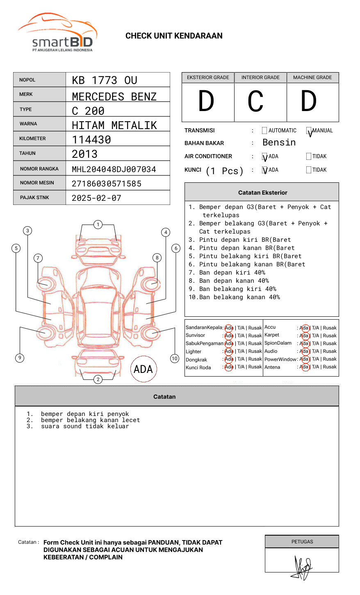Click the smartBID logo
click(x=57, y=33)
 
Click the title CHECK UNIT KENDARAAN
click(x=174, y=36)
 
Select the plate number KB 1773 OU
click(x=105, y=80)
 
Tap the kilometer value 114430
click(x=91, y=140)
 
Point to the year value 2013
click(x=84, y=154)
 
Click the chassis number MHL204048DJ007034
click(x=114, y=169)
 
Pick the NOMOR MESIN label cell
click(x=39, y=183)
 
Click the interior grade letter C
click(x=255, y=101)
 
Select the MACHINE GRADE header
click(x=312, y=77)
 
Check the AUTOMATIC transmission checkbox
click(x=264, y=131)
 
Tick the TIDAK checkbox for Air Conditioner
click(x=309, y=157)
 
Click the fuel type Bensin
click(x=279, y=143)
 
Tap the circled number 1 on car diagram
click(x=98, y=225)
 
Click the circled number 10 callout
click(x=175, y=359)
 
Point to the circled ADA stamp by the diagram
click(x=143, y=369)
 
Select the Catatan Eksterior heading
click(x=262, y=193)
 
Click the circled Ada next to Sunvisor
click(x=229, y=336)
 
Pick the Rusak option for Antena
click(x=330, y=367)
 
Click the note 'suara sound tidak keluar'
click(x=85, y=427)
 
